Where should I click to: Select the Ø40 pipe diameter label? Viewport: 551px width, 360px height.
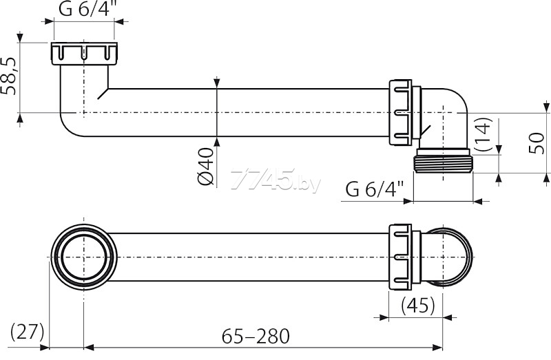coord(205,166)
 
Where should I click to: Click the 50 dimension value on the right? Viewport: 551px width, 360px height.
coord(537,142)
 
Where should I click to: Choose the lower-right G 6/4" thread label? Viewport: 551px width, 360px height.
coord(375,189)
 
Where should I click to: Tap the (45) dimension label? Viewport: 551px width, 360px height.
coord(418,305)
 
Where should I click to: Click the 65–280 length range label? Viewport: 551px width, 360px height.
coord(256,336)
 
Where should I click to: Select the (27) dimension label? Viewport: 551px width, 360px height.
coord(27,331)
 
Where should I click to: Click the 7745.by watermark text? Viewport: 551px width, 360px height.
coord(275,179)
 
